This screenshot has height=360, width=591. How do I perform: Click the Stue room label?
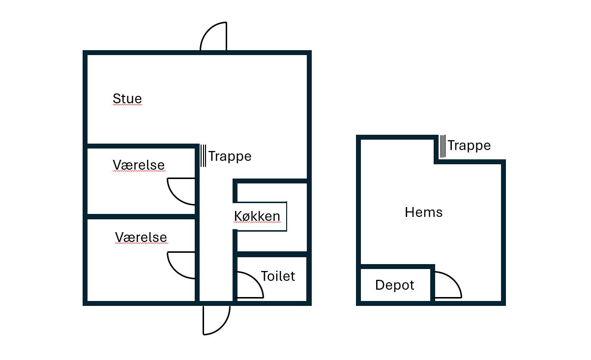point(127,99)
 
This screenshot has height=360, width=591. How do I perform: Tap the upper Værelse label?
point(139,165)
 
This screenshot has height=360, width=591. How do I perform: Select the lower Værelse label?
point(141,237)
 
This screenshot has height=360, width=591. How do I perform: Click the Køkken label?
point(257,216)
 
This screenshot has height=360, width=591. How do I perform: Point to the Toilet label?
point(278,276)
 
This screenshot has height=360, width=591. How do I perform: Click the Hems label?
point(423,212)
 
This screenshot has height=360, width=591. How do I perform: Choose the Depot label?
point(394,285)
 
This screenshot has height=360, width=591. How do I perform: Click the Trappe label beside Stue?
point(230,156)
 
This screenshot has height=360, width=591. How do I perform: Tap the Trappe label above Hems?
point(469,146)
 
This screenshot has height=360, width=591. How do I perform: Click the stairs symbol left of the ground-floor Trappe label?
point(203,155)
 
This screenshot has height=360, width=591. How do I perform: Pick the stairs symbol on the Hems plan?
point(443,146)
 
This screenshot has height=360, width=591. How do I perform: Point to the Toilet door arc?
point(250,285)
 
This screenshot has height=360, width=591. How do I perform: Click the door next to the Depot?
point(448,285)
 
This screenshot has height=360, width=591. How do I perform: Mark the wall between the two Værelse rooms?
point(142,216)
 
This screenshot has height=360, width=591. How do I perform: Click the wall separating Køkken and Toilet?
point(272,254)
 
